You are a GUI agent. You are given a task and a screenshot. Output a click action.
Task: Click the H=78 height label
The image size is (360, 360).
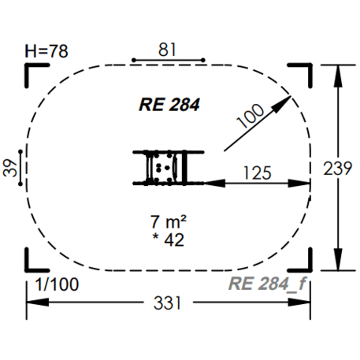[x=46, y=51]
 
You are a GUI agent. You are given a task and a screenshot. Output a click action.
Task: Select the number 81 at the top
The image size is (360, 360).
[x=168, y=49]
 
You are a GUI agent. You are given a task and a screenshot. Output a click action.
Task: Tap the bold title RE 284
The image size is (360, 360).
[x=169, y=104]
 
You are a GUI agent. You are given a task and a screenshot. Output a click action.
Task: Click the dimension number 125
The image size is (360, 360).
[x=258, y=171]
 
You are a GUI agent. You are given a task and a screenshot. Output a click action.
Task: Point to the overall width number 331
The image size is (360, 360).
[x=166, y=302]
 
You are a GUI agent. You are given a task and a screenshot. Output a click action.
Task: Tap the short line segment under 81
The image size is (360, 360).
[x=168, y=60]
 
